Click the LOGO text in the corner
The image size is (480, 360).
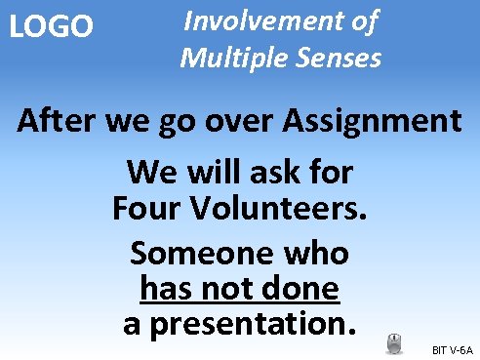coord(51,26)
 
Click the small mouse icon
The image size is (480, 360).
coord(394,342)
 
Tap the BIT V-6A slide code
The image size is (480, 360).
coord(452,348)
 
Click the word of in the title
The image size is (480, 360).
coord(362,20)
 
